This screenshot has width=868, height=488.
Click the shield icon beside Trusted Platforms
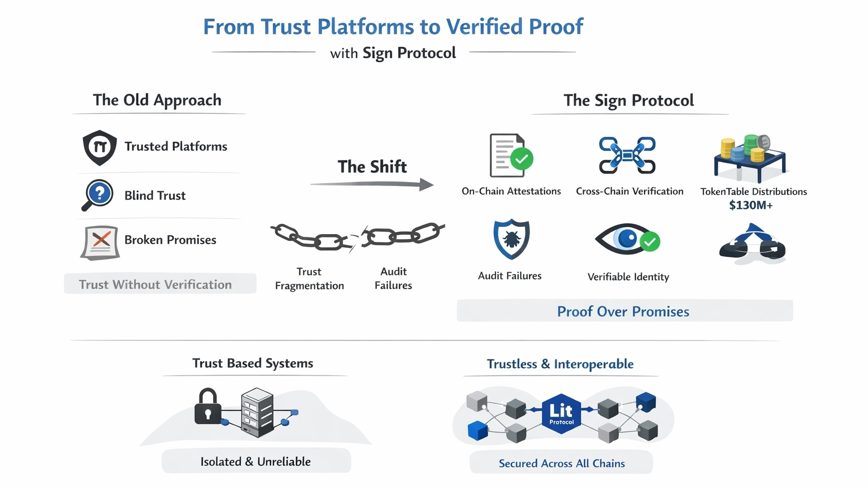pos(100,148)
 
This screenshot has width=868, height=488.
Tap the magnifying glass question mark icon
pos(98,195)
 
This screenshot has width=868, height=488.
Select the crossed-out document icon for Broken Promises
pos(101,241)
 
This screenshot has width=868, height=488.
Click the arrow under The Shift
pos(372,184)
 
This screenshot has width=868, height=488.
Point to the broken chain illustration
pos(357,236)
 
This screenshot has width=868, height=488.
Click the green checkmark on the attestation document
pos(522,159)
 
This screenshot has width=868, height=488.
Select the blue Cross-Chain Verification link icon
pos(627,154)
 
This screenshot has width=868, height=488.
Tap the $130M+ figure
pos(750,205)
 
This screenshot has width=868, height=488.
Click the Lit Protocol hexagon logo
pos(561,413)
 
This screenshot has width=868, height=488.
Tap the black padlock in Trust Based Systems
pos(207,407)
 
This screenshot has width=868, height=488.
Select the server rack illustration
pos(257,412)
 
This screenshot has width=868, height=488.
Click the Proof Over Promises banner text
pos(623,312)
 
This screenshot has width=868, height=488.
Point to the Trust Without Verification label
pos(155,284)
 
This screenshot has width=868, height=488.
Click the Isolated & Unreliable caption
pos(255,461)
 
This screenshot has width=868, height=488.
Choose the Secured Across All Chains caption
pos(562,463)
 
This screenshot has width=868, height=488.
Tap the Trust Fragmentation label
pos(309,279)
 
